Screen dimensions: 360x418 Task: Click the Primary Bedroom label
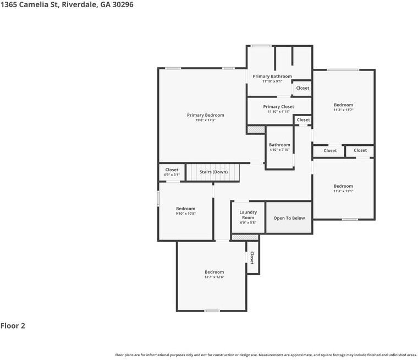(x=205, y=115)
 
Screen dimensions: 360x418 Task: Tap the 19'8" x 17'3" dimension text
(x=205, y=121)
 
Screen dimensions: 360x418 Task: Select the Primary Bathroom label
(x=272, y=77)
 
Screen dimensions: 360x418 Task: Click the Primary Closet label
(x=278, y=107)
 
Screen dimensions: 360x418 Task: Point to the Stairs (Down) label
(x=213, y=172)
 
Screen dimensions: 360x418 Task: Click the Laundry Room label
(x=248, y=215)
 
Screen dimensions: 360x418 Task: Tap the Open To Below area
(x=289, y=218)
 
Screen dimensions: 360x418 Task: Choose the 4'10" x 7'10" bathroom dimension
(x=279, y=150)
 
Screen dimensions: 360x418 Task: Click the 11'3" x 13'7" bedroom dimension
(x=343, y=110)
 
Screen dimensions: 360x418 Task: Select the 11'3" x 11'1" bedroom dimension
(x=343, y=191)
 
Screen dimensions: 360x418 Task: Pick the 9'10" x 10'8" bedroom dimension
(x=185, y=214)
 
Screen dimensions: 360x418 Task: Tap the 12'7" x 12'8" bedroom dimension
(x=214, y=277)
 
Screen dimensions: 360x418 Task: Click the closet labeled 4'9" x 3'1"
(x=172, y=172)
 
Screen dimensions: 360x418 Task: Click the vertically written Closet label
(x=252, y=258)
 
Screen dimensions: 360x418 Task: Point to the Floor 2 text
(x=13, y=326)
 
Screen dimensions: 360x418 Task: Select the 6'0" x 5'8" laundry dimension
(x=248, y=223)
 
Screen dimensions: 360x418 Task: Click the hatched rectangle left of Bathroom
(x=255, y=129)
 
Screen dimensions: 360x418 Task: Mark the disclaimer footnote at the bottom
(x=266, y=355)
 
